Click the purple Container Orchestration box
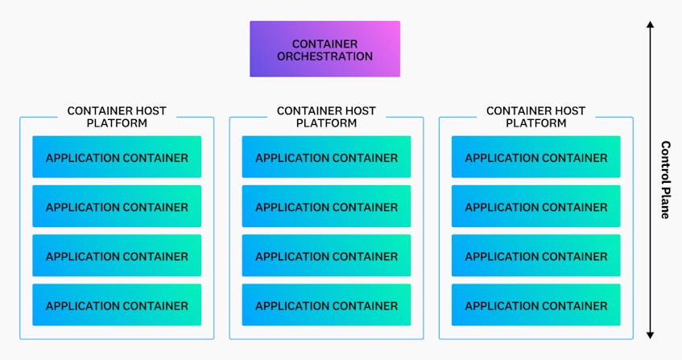325,49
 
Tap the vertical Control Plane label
665,180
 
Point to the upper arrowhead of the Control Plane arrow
650,24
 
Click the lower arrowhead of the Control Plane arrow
650,335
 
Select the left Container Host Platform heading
117,117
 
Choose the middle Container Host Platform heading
326,117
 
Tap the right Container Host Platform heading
536,117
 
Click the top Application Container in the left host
117,157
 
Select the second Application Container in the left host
117,206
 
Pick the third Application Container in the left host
117,255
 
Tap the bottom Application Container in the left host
117,304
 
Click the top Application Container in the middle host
326,157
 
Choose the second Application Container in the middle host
326,206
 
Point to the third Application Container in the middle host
326,255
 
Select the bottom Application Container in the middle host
326,304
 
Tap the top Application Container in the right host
536,157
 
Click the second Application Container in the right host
536,206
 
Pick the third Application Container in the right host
536,255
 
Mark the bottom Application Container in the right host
536,304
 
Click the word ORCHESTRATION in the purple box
325,56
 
